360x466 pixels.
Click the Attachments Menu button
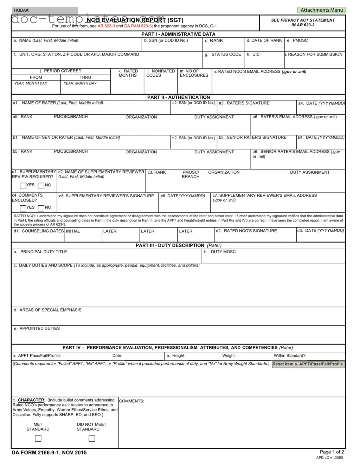pyautogui.click(x=321, y=10)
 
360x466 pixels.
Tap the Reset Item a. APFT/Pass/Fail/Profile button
pyautogui.click(x=308, y=364)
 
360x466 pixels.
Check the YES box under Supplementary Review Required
pyautogui.click(x=23, y=186)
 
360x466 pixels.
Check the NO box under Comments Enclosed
pyautogui.click(x=41, y=208)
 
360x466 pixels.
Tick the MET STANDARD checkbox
pyautogui.click(x=38, y=438)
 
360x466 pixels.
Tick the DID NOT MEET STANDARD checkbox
pyautogui.click(x=92, y=438)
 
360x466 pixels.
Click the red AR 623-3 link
pyautogui.click(x=106, y=26)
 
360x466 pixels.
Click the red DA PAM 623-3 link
pyautogui.click(x=138, y=26)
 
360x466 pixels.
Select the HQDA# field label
pyautogui.click(x=21, y=11)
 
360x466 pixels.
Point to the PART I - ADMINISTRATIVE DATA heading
pyautogui.click(x=178, y=34)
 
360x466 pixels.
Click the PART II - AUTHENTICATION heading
pyautogui.click(x=178, y=97)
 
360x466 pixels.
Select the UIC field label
pyautogui.click(x=256, y=55)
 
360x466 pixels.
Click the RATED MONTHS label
pyautogui.click(x=128, y=73)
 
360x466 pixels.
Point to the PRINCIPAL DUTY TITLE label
pyautogui.click(x=43, y=252)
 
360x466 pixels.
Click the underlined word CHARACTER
pyautogui.click(x=31, y=400)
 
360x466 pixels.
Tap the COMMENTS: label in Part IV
pyautogui.click(x=131, y=401)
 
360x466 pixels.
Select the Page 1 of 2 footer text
pyautogui.click(x=332, y=452)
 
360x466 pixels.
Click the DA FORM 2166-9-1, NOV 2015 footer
pyautogui.click(x=49, y=453)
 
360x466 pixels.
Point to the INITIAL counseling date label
pyautogui.click(x=73, y=231)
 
